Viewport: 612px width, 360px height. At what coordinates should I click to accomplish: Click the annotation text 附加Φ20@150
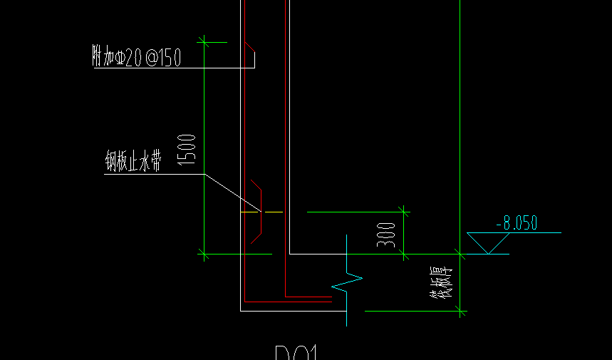(137, 58)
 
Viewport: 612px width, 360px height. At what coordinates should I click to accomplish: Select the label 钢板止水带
(133, 163)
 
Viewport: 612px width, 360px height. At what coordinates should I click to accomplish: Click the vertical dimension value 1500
(187, 149)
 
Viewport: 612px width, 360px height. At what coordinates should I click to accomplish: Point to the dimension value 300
(386, 235)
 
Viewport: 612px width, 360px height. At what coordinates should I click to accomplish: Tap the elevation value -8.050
(517, 223)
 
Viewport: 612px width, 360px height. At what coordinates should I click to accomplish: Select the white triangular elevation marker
(488, 242)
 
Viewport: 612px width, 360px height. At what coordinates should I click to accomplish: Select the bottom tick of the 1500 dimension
(204, 253)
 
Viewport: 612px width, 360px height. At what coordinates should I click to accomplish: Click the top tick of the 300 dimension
(404, 211)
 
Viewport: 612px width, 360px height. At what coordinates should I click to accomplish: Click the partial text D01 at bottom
(296, 354)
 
